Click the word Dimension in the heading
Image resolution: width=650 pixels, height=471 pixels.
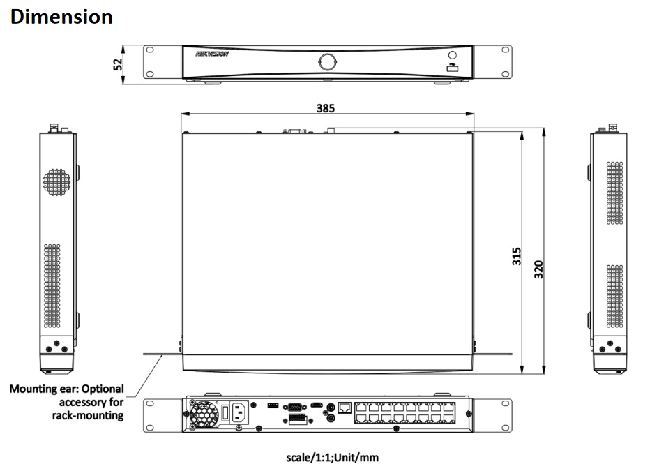(x=61, y=17)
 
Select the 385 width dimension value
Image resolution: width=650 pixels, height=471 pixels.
(x=326, y=108)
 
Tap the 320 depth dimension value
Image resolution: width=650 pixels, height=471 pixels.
(x=538, y=269)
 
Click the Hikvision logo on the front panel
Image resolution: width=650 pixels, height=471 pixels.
(x=212, y=54)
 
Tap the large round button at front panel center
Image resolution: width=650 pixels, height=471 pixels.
(x=326, y=61)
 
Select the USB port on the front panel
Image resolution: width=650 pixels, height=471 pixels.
(x=452, y=68)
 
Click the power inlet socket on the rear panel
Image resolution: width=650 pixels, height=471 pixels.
(x=239, y=412)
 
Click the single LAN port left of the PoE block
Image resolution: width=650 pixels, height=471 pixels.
(x=345, y=407)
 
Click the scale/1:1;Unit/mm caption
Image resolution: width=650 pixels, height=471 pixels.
(x=332, y=458)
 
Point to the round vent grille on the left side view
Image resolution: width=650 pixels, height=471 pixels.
(x=57, y=180)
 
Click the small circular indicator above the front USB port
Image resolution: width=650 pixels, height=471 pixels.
(x=452, y=55)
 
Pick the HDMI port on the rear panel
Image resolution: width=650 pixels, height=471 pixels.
(x=317, y=405)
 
